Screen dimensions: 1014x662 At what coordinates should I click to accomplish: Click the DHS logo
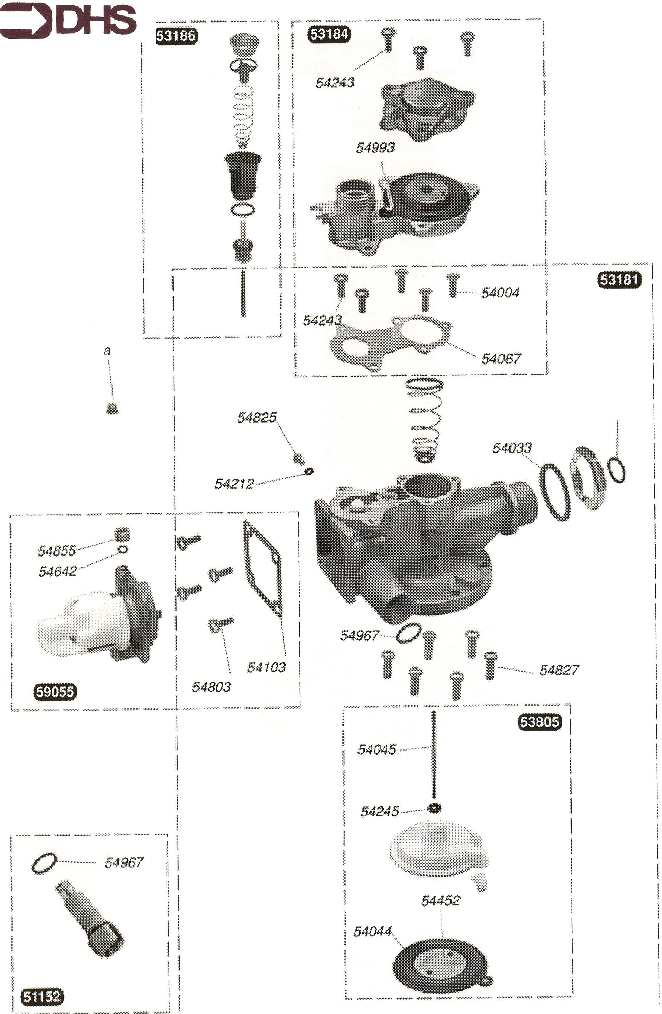click(68, 20)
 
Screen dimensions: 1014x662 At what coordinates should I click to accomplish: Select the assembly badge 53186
click(176, 35)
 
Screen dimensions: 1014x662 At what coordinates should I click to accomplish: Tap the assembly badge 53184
click(329, 34)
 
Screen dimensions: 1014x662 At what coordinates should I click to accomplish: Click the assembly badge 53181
click(619, 279)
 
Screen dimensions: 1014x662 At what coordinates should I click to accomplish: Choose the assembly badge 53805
click(539, 722)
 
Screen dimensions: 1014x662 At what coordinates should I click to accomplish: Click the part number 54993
click(375, 147)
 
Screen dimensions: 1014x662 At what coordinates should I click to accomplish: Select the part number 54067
click(501, 359)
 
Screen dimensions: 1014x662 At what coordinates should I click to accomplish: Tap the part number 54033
click(512, 448)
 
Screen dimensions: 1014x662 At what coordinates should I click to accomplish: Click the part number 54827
click(558, 671)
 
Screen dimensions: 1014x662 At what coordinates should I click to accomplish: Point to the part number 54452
click(441, 901)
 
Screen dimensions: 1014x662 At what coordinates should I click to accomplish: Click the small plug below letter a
click(112, 409)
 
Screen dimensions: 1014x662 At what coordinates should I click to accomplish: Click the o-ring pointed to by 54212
click(309, 471)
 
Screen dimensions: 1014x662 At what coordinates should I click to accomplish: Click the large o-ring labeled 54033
click(555, 492)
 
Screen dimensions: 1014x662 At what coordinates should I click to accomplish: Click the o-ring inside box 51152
click(44, 863)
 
